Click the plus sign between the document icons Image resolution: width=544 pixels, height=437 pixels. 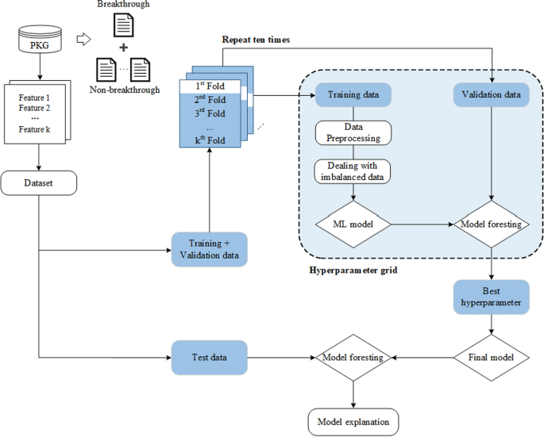pyautogui.click(x=124, y=50)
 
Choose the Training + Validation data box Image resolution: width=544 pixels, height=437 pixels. pyautogui.click(x=210, y=249)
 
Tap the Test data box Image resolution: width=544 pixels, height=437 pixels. pyautogui.click(x=210, y=358)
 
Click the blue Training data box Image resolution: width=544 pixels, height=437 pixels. pyautogui.click(x=353, y=95)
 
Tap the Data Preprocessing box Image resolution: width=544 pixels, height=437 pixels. pyautogui.click(x=353, y=132)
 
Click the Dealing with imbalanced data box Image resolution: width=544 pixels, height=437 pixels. pyautogui.click(x=353, y=171)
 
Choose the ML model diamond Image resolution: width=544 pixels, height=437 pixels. pyautogui.click(x=353, y=224)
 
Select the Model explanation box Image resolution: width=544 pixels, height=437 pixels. pyautogui.click(x=353, y=420)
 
